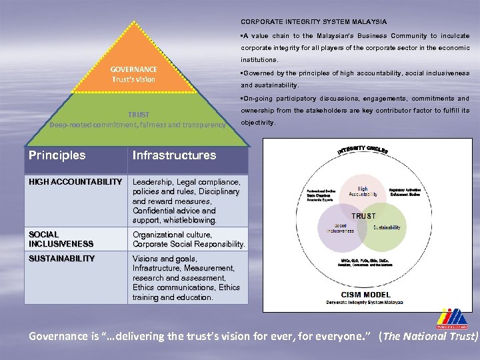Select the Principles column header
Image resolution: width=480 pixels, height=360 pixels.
tap(57, 155)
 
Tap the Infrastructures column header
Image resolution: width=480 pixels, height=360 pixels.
tap(174, 155)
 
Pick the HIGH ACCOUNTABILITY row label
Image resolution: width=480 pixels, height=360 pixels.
tap(75, 182)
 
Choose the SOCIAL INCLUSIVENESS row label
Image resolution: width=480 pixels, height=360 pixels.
tap(60, 239)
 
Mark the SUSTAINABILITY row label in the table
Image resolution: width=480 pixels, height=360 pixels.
tap(61, 259)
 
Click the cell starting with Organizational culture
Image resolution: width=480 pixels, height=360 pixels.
tap(188, 239)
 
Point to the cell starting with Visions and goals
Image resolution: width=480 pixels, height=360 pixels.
tap(187, 278)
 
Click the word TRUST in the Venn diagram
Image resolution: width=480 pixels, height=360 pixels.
tap(363, 216)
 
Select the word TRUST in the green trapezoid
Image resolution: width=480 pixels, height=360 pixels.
tap(139, 115)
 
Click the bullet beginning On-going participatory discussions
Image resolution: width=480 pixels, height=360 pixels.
tap(355, 111)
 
